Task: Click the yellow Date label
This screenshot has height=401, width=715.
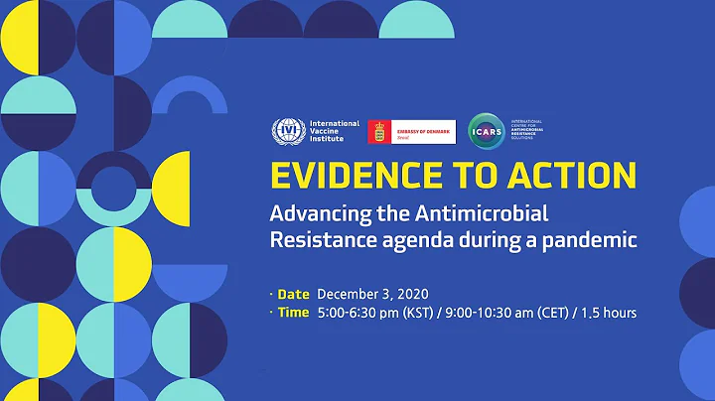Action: click(x=294, y=294)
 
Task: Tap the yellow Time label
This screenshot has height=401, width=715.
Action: click(x=294, y=313)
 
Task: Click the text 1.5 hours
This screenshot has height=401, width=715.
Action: click(x=607, y=313)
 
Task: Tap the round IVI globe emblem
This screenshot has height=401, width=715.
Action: click(x=288, y=131)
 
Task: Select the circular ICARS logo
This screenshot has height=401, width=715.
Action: click(x=484, y=130)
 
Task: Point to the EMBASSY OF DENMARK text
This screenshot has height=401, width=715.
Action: click(x=423, y=127)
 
